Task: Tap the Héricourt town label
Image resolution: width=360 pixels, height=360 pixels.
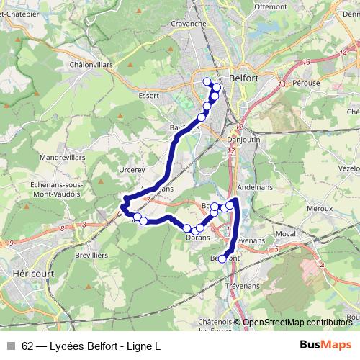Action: [29, 274]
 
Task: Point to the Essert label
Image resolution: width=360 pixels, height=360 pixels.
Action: [148, 94]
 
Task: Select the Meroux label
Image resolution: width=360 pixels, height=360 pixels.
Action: [318, 208]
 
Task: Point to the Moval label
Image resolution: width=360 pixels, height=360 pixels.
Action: [285, 234]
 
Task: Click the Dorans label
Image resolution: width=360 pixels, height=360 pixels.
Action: [197, 236]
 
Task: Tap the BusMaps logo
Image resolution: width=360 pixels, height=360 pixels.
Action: [325, 345]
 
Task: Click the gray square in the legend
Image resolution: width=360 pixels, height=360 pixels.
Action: [11, 346]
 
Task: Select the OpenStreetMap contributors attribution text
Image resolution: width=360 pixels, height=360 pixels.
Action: [297, 323]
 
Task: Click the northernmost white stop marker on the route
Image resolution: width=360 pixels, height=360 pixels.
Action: [207, 81]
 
